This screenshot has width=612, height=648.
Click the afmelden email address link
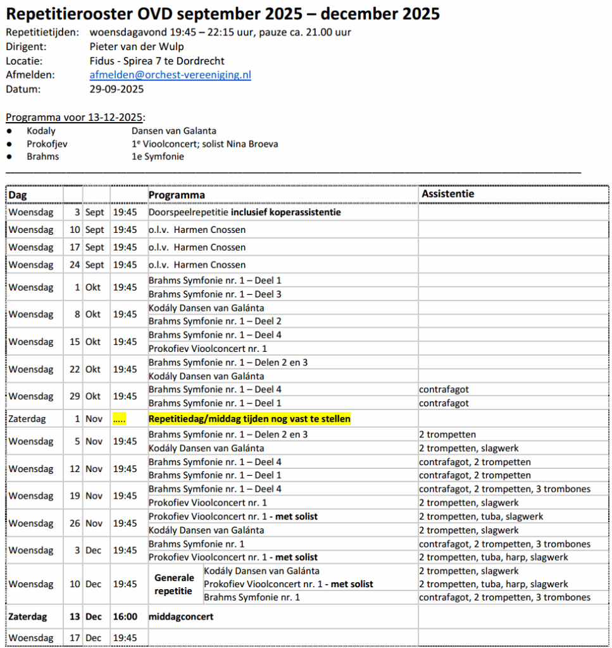coord(170,75)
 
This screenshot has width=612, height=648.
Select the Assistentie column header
coord(447,194)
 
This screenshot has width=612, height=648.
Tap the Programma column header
coord(177,195)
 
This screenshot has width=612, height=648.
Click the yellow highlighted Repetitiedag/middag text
coord(249,419)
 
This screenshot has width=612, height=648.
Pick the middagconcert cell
coord(181,616)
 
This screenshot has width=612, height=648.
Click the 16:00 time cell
coord(125,616)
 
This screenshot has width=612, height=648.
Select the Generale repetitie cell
coord(174,584)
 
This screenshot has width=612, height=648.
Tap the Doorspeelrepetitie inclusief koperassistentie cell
coord(244,212)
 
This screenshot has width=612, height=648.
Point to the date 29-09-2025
coord(116,89)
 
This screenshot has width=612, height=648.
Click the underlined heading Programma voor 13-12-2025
coord(75,117)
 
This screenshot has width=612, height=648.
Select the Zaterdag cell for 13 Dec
coord(30,616)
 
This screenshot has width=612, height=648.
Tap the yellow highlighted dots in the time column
coord(119,419)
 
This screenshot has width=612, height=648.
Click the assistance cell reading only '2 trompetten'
coord(447,434)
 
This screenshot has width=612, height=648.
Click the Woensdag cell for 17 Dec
coord(30,638)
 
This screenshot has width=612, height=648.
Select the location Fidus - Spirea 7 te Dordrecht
coord(157,61)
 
